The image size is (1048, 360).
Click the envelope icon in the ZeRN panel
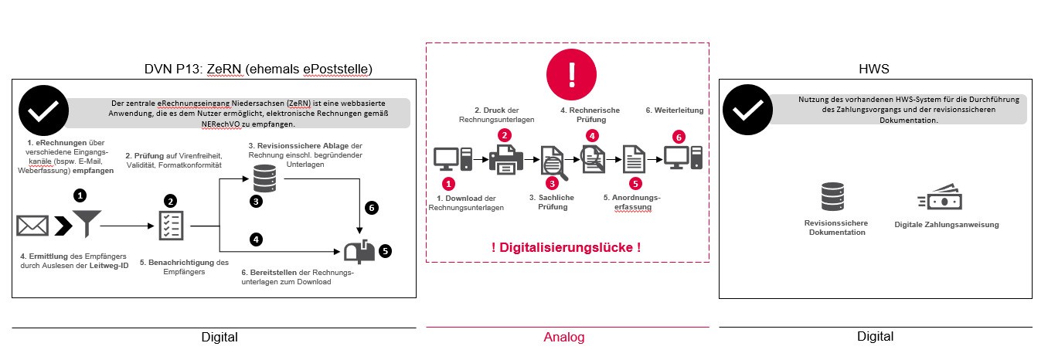[x=32, y=226]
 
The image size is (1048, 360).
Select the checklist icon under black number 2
[x=169, y=226]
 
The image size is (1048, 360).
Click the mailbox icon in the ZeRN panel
[x=360, y=251]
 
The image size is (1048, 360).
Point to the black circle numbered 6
[x=372, y=208]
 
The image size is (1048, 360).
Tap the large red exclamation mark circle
[x=572, y=74]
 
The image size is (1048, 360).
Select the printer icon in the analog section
[x=505, y=158]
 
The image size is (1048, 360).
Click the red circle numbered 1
[x=448, y=184]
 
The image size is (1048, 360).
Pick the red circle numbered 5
[x=635, y=184]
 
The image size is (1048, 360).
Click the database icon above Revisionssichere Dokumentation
[x=834, y=197]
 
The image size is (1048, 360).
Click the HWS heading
[x=874, y=70]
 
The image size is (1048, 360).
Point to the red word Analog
[x=564, y=337]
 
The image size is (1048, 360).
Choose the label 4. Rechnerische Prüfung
[x=590, y=115]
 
